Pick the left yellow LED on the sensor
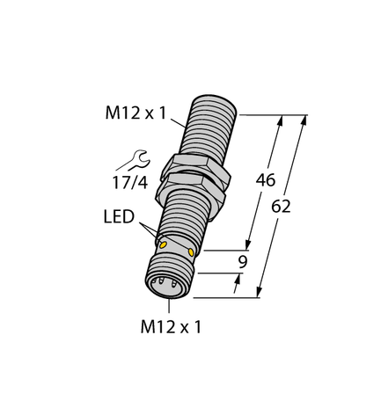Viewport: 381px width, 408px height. click(x=160, y=244)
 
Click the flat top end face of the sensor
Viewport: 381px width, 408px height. click(x=217, y=94)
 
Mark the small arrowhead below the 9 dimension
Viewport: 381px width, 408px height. click(x=237, y=280)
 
